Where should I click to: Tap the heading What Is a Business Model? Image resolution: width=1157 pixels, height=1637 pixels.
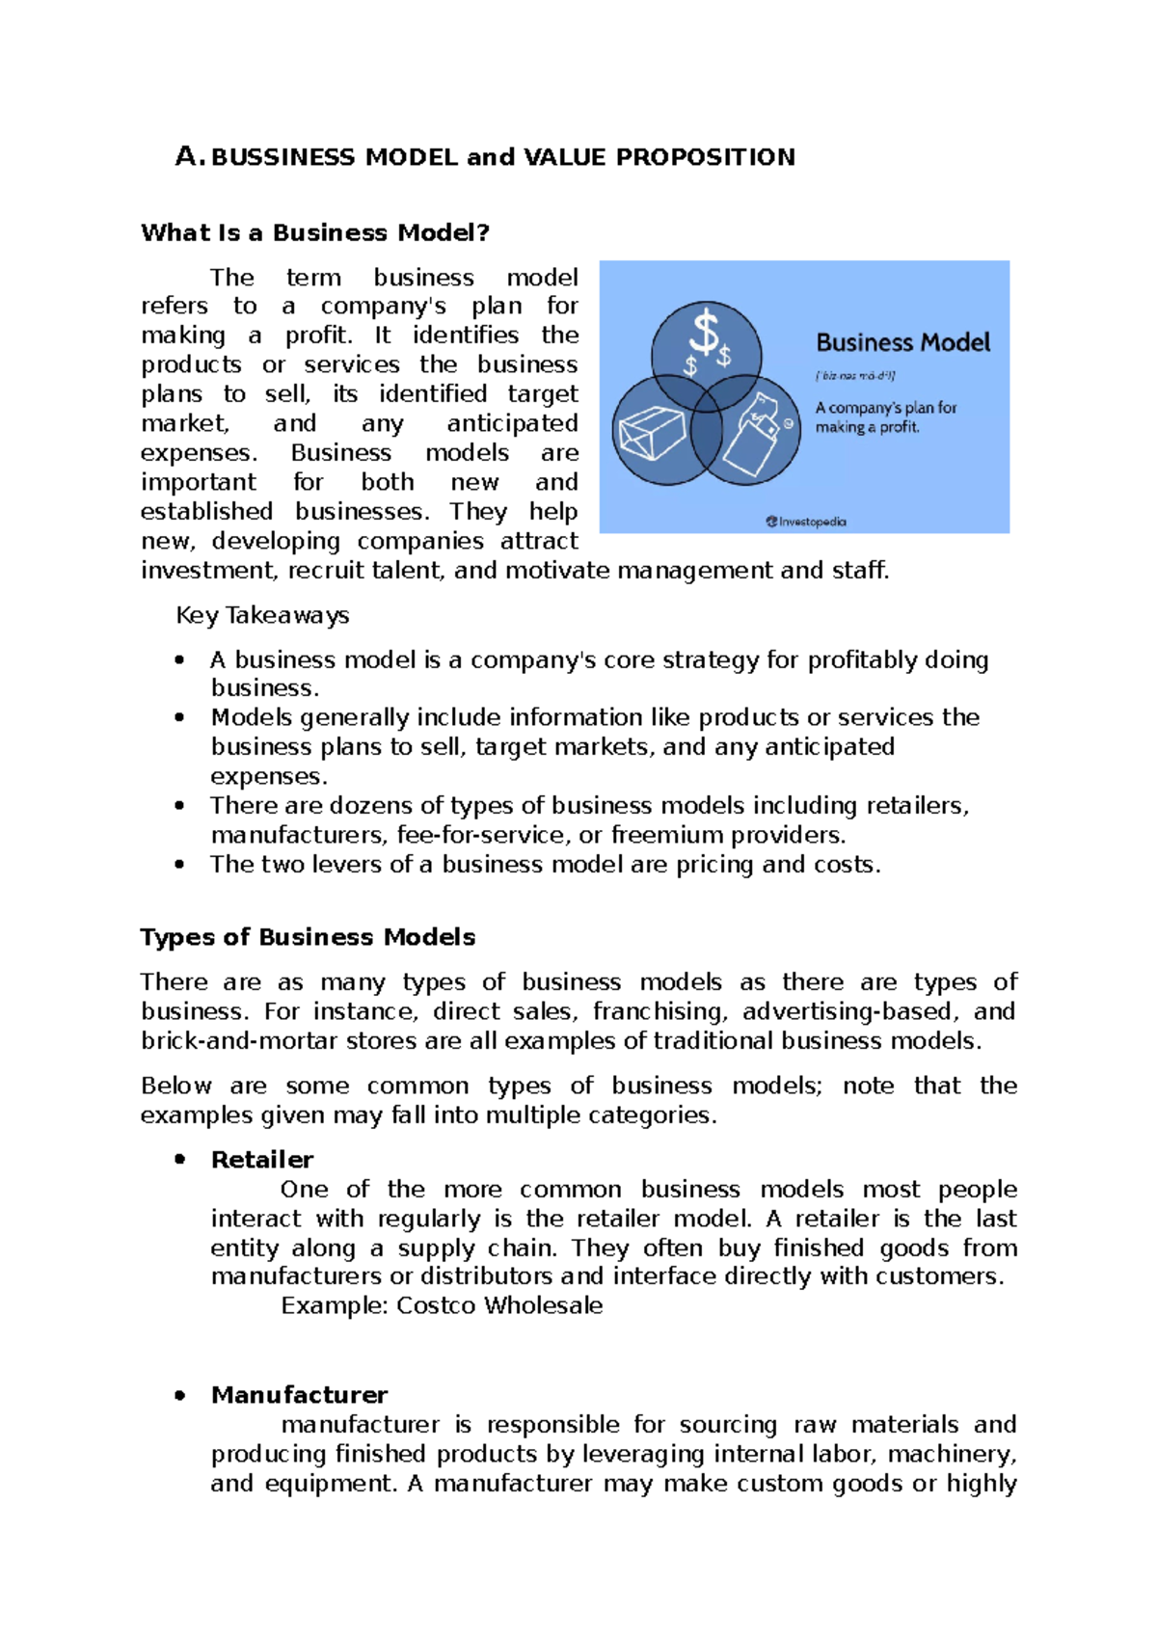point(315,232)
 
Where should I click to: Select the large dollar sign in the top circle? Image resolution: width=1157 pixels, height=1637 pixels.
point(706,334)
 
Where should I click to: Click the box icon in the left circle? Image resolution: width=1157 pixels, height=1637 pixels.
point(652,432)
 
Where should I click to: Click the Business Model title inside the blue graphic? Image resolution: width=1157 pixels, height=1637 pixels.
point(902,343)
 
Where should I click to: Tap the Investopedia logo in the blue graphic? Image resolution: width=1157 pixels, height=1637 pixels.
point(806,522)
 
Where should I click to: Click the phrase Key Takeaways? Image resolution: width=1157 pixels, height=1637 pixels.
point(262,615)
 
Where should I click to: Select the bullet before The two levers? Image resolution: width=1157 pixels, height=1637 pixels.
point(179,865)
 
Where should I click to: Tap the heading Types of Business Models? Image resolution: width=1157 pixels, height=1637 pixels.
point(308,937)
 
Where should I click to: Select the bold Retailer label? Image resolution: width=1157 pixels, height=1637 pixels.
point(262,1160)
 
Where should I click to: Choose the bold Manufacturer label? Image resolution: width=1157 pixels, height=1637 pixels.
point(299,1395)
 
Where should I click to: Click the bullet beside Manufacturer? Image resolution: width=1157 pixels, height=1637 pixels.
point(179,1395)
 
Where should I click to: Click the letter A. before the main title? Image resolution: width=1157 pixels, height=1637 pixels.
point(188,156)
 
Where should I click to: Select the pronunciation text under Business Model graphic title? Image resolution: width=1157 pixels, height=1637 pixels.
point(856,376)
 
